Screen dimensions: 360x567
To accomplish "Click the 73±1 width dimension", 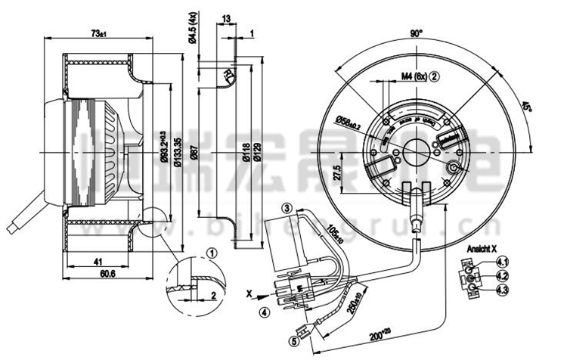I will tap(98, 33).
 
